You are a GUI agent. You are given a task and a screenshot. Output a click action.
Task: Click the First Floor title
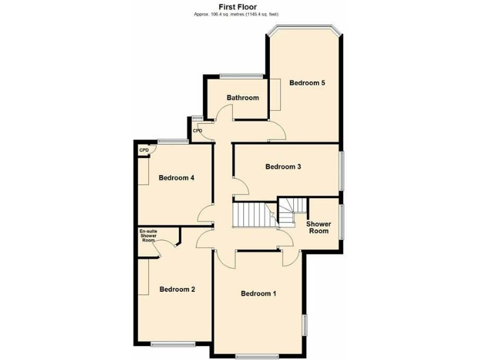tap(237, 7)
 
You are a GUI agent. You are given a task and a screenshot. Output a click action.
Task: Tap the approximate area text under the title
tap(237, 14)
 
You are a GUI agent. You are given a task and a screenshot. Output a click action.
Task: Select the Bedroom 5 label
tap(307, 82)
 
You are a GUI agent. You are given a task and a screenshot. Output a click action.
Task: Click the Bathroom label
tap(242, 97)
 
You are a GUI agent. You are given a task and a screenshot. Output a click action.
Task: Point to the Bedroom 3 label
tap(283, 166)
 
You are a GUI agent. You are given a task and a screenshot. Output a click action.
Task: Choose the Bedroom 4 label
tap(176, 177)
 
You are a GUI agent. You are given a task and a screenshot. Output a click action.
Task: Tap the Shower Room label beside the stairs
tap(317, 227)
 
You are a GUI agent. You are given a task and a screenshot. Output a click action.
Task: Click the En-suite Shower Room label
tap(148, 236)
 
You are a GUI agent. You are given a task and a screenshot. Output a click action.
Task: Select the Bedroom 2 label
tap(177, 289)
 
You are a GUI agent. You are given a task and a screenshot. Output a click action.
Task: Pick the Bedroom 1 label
tap(259, 293)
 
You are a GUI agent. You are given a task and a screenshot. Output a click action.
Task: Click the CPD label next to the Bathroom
tap(197, 131)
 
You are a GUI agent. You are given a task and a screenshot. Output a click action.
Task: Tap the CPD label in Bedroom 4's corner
tap(144, 150)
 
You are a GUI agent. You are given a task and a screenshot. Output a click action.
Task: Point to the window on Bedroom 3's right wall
tap(341, 169)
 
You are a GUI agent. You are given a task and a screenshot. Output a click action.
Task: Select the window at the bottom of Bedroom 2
tap(172, 343)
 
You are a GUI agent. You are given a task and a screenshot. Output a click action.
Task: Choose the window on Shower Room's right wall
tap(341, 221)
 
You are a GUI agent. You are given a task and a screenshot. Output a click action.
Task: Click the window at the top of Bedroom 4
tap(172, 141)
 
